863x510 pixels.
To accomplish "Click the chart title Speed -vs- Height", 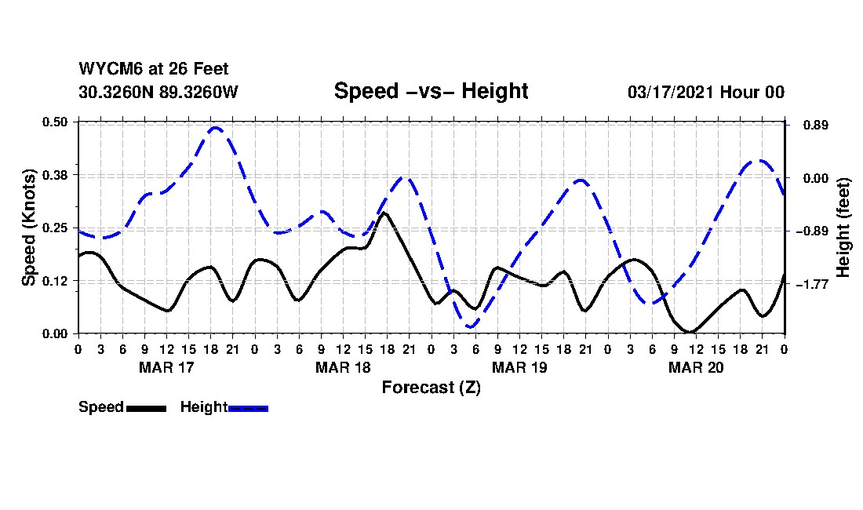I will pos(431,91).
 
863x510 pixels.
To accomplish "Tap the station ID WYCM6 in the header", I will pos(105,70).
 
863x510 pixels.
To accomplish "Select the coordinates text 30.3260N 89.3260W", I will pos(158,92).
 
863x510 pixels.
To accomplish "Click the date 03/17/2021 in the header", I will pos(670,92).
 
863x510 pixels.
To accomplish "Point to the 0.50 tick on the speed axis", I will pos(55,122).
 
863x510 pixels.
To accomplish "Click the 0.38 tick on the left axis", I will pos(55,174).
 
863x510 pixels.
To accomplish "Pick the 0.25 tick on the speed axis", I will pos(55,228).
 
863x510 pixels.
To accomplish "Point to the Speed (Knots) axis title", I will pos(29,228).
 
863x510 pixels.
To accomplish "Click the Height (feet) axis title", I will pos(844,228).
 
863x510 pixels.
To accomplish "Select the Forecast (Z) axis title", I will pos(431,387).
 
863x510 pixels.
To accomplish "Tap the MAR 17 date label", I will pos(166,367).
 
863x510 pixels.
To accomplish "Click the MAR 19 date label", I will pos(519,367).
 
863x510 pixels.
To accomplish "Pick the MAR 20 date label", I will pos(696,367).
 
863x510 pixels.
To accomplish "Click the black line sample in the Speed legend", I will pos(146,408).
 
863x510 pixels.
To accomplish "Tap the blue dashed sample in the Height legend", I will pos(248,408).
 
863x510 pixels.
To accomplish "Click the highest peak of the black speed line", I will pos(384,213).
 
